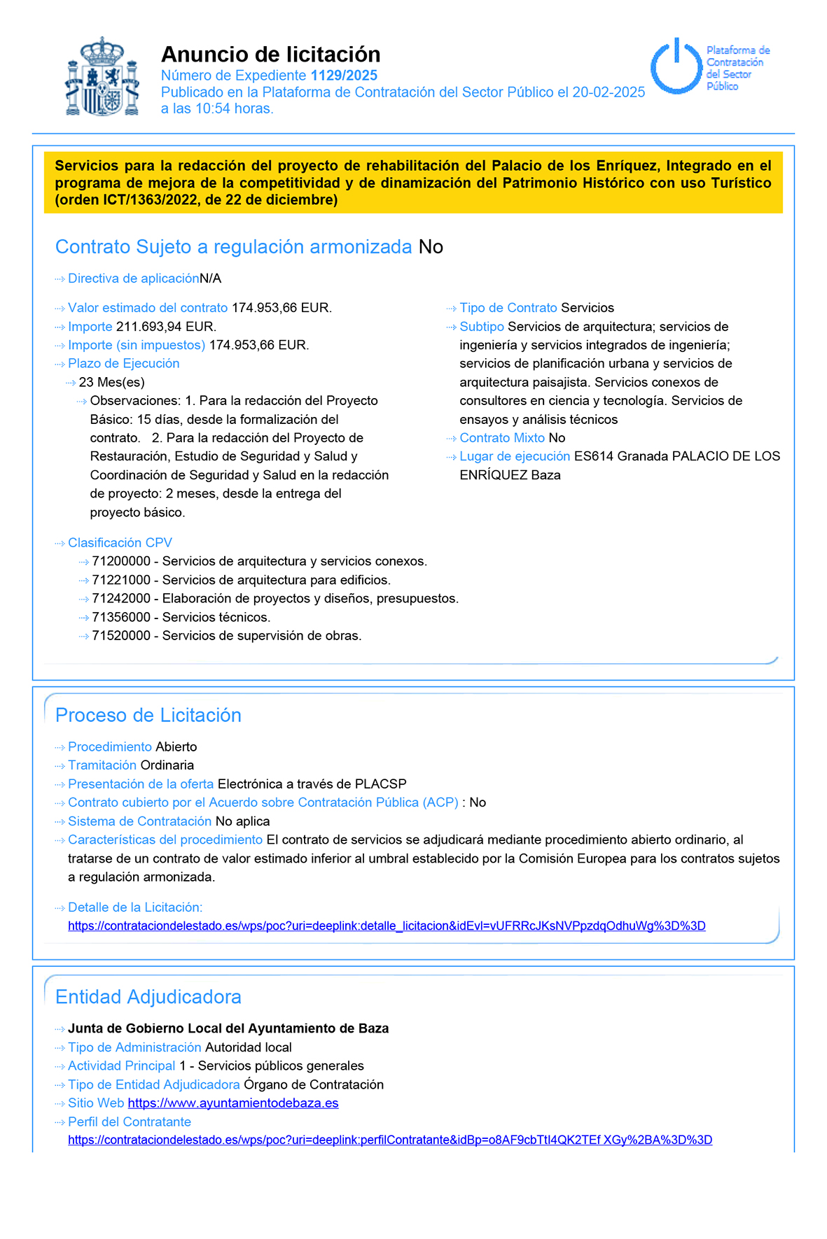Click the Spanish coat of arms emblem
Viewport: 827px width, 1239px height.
[x=102, y=77]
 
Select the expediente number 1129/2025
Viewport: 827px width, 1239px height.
[x=344, y=76]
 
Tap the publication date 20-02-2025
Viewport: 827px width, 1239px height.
[x=609, y=92]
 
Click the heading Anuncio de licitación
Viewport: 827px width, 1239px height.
[x=271, y=54]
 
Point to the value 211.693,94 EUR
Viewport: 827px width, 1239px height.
[x=166, y=327]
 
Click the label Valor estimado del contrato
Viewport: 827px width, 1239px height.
[x=148, y=308]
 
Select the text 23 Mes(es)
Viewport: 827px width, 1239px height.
[x=112, y=383]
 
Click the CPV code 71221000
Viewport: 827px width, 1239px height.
[x=121, y=580]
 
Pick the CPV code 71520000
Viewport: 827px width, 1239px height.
[x=121, y=636]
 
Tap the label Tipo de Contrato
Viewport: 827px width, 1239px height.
[x=508, y=308]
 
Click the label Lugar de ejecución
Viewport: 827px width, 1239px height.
[x=515, y=456]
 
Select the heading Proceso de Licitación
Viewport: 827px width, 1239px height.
[x=148, y=715]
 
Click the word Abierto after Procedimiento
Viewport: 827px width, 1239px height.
[x=176, y=747]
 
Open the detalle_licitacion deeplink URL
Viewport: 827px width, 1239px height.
[x=387, y=926]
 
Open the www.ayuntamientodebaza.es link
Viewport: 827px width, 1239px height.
[x=233, y=1103]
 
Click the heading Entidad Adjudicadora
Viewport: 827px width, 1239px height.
[x=148, y=997]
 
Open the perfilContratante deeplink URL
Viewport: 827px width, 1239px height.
[x=390, y=1140]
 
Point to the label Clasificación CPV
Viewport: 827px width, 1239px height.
[x=120, y=543]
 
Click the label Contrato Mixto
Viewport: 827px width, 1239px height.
[x=502, y=438]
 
